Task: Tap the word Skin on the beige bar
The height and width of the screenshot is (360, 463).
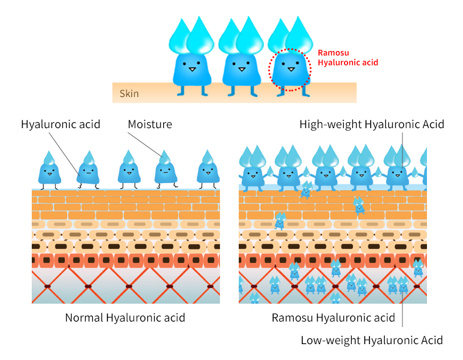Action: [129, 93]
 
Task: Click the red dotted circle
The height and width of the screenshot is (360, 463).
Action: [290, 70]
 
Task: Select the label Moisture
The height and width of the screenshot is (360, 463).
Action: [150, 124]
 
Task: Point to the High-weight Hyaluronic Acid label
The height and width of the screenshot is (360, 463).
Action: [371, 124]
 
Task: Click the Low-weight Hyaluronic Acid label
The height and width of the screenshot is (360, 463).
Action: [371, 340]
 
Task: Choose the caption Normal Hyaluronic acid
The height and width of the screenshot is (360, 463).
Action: [125, 317]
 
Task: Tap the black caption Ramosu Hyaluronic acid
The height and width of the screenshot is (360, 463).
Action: [333, 317]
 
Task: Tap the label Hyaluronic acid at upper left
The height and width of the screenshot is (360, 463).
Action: [60, 124]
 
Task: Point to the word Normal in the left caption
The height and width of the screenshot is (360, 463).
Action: [84, 317]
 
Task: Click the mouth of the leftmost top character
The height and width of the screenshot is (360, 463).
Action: [191, 69]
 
